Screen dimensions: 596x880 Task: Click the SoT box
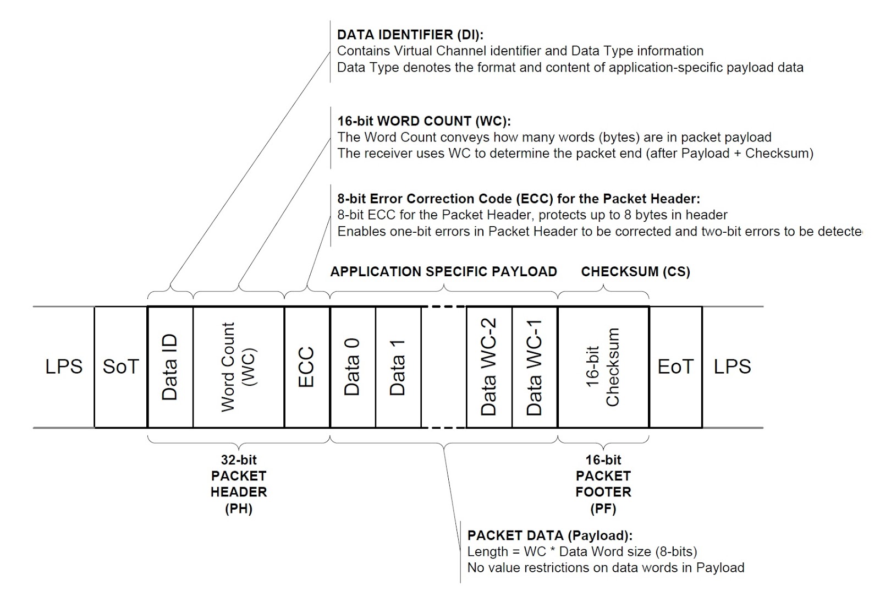(x=121, y=367)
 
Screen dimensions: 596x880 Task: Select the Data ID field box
(x=170, y=367)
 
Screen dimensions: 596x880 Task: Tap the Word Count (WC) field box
(x=238, y=367)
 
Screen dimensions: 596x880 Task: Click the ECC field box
(x=307, y=367)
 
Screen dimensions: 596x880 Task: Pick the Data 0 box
(x=353, y=367)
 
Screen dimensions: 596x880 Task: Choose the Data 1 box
(x=398, y=367)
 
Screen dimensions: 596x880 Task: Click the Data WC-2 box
(x=489, y=367)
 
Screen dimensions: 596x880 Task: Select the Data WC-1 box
(x=535, y=367)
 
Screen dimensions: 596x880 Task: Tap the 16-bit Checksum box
(x=603, y=367)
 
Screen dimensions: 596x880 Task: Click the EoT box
(x=675, y=367)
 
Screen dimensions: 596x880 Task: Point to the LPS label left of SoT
(x=64, y=367)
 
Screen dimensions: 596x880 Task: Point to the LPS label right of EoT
(x=732, y=367)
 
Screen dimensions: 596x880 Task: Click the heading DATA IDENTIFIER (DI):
(x=410, y=35)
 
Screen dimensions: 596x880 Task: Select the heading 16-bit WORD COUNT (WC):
(x=424, y=121)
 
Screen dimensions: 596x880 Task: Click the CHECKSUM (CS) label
(x=635, y=272)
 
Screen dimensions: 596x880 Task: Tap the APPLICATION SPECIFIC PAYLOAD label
(x=443, y=272)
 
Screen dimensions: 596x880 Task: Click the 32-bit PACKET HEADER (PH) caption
(x=239, y=484)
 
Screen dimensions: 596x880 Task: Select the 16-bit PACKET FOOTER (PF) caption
(x=603, y=484)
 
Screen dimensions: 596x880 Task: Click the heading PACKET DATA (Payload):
(x=549, y=535)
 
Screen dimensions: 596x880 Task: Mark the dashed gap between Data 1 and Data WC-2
(x=443, y=367)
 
